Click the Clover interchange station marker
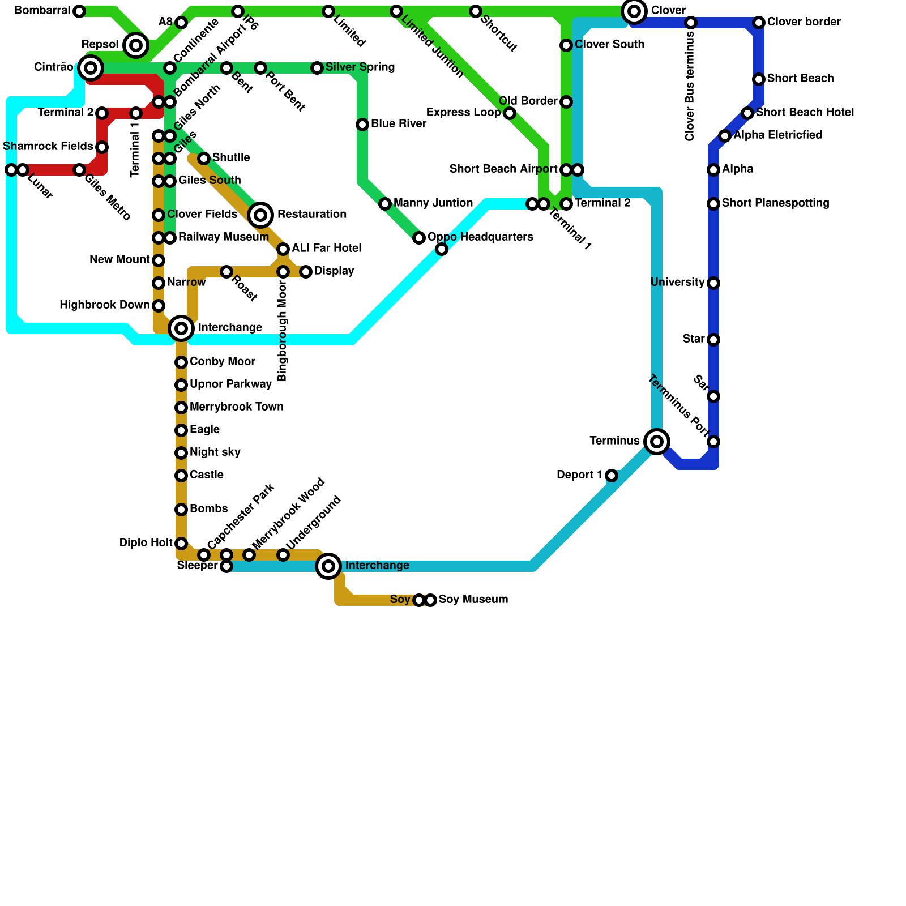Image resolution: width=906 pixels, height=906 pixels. click(x=634, y=11)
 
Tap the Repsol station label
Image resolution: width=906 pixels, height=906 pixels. click(x=100, y=45)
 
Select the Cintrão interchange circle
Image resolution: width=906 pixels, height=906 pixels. click(x=91, y=68)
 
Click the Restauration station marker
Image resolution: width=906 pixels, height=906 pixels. click(x=260, y=215)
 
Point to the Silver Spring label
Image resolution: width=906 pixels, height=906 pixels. click(x=360, y=67)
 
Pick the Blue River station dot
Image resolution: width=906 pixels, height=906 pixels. click(x=362, y=125)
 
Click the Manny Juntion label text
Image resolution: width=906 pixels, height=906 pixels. click(x=433, y=203)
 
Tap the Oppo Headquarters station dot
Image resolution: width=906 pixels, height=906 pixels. click(x=419, y=238)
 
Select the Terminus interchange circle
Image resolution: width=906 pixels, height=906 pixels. click(x=657, y=442)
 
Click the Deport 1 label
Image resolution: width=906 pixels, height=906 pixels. click(x=579, y=475)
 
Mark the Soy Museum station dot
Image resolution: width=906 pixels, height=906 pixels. click(x=431, y=600)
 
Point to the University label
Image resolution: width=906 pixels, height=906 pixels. click(x=677, y=283)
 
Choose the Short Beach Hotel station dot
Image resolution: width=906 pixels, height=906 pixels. click(x=747, y=113)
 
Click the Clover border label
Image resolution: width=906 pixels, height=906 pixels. click(x=804, y=22)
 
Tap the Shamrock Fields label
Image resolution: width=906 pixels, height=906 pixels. click(x=48, y=147)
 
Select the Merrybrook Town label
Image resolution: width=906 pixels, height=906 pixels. click(x=237, y=407)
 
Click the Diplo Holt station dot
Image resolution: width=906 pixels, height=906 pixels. click(x=181, y=544)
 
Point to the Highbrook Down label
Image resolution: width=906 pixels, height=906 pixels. click(x=105, y=305)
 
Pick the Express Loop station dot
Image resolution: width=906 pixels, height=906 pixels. click(x=510, y=113)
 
